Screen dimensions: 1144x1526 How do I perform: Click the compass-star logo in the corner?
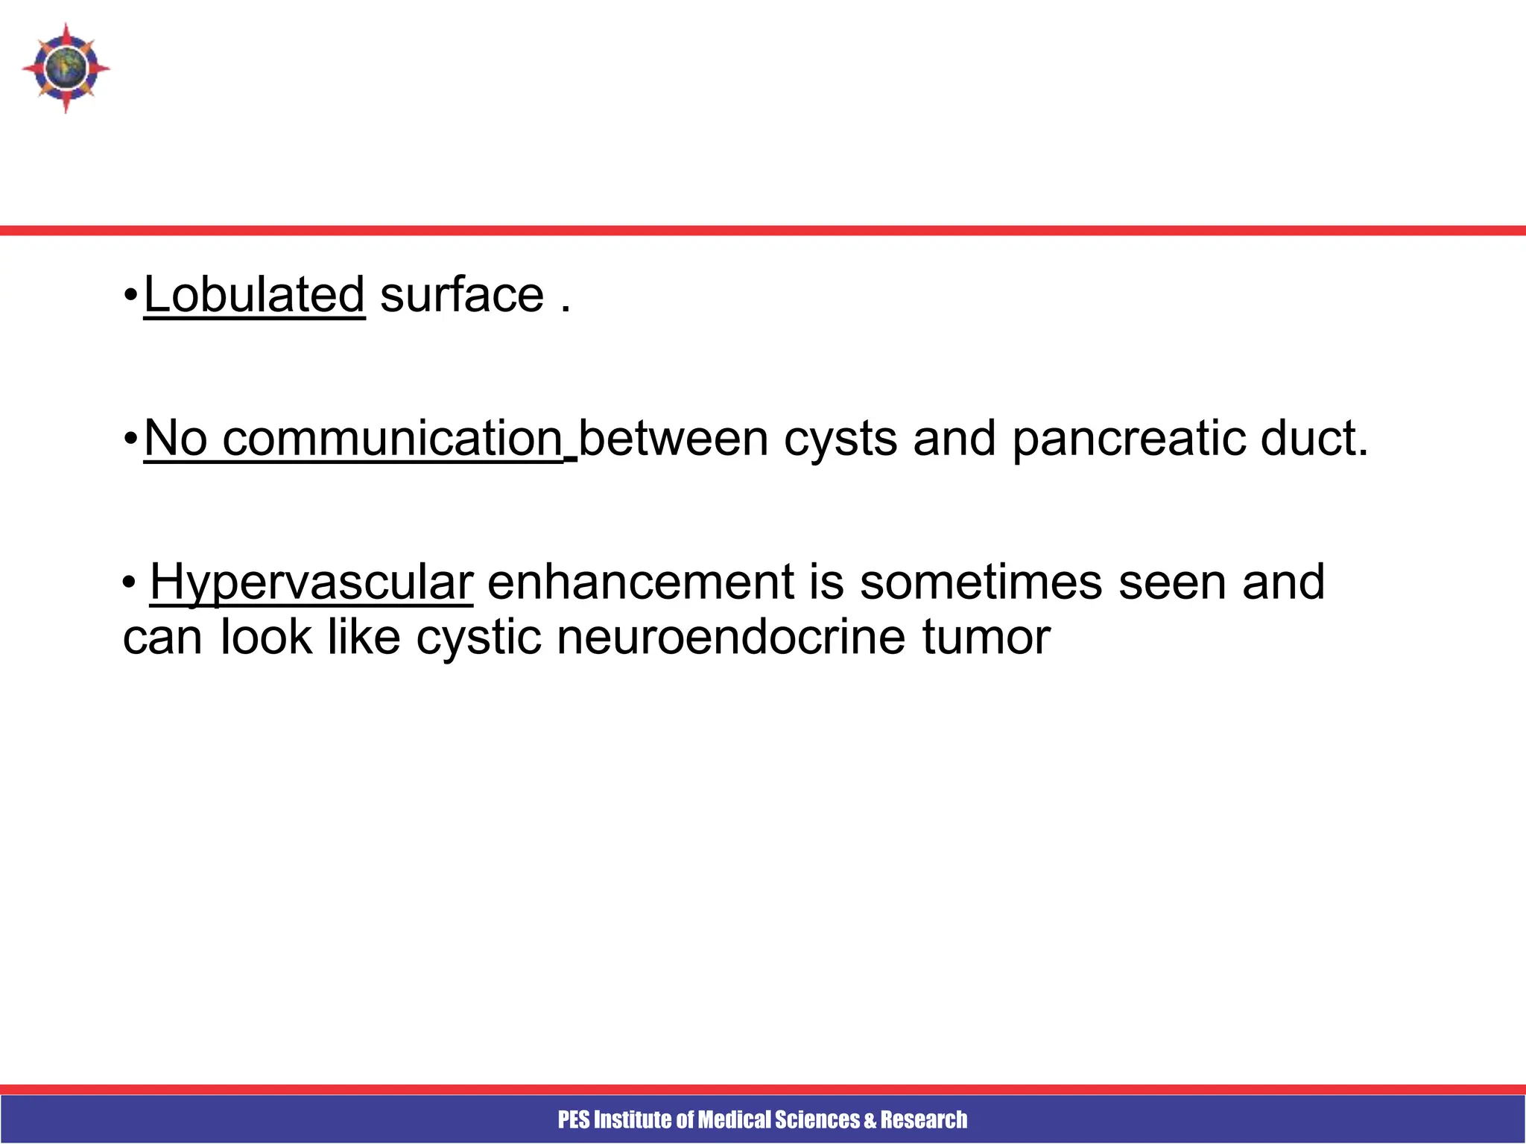coord(66,68)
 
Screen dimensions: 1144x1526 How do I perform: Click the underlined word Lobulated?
coord(254,295)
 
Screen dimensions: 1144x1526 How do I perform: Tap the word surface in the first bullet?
coord(462,295)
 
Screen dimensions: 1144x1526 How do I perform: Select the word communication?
coord(393,439)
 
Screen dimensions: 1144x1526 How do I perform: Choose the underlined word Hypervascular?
coord(311,582)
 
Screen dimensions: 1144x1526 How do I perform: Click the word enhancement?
coord(641,582)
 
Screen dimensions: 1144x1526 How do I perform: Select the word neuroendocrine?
coord(730,638)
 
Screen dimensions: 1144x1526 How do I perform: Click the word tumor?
coord(986,638)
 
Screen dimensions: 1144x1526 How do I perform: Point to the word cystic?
coord(478,638)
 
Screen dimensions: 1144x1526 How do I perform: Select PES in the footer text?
coord(574,1119)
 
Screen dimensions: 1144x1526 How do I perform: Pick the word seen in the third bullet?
coord(1172,582)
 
